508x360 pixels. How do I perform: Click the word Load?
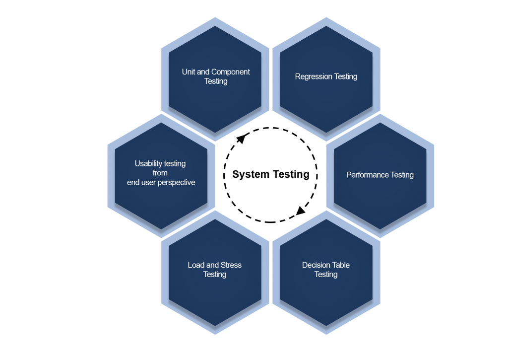[196, 265]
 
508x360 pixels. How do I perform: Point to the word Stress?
[230, 265]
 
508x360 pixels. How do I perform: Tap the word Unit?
[189, 72]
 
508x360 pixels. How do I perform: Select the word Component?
[231, 72]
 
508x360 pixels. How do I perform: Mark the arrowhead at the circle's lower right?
[301, 211]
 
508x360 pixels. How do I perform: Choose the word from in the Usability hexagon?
[160, 173]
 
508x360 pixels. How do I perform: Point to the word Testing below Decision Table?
[326, 275]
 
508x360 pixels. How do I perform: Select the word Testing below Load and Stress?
[215, 275]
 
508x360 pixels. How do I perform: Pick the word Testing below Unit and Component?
[216, 81]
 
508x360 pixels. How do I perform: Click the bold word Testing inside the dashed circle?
[290, 174]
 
